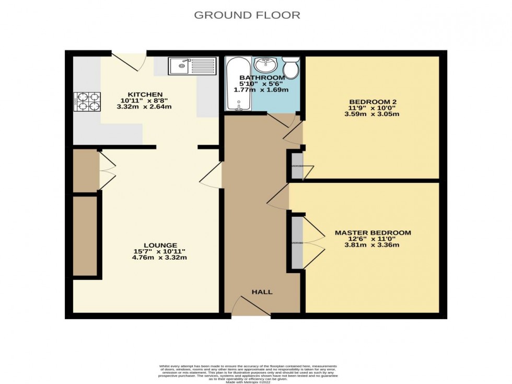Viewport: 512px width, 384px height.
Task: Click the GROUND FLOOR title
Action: coord(247,15)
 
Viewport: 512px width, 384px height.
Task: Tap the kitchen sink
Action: coord(192,66)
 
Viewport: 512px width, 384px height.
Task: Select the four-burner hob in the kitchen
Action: coord(88,101)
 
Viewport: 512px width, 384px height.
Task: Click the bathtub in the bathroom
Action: coord(238,84)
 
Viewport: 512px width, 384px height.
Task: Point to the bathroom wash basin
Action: coord(266,65)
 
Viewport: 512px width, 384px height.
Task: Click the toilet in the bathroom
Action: coord(290,67)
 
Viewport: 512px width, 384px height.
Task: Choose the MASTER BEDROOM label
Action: coord(373,232)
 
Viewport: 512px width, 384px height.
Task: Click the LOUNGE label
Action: coord(161,245)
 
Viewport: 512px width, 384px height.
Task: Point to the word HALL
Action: coord(262,292)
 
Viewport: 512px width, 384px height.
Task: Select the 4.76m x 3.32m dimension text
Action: coord(161,258)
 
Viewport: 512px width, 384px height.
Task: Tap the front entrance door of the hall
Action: coord(251,306)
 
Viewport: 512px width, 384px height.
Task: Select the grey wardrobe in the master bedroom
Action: coord(297,243)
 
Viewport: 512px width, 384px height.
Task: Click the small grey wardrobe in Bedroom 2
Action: coord(297,166)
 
